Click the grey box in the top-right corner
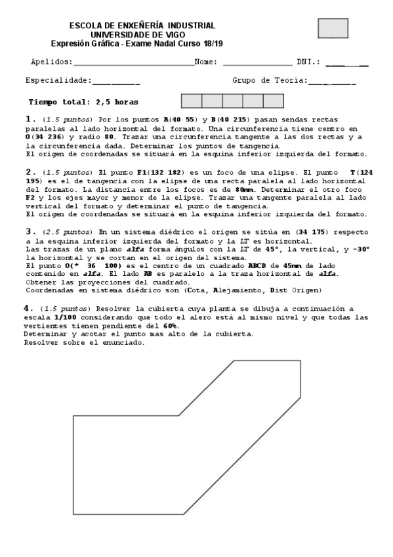click(333, 28)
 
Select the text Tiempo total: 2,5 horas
click(83, 102)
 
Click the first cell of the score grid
click(191, 101)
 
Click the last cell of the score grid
click(273, 101)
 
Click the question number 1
click(29, 119)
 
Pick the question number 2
click(29, 172)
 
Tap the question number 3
click(29, 231)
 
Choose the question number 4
click(29, 307)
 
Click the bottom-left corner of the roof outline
click(73, 514)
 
